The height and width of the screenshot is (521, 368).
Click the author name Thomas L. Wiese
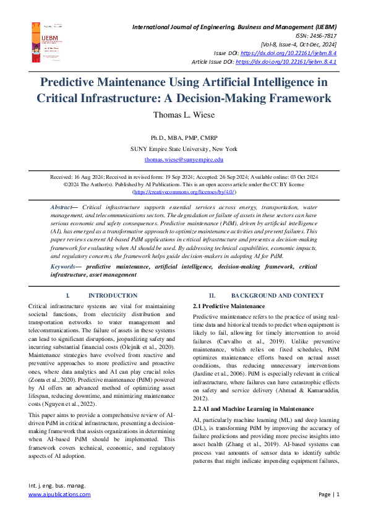184,114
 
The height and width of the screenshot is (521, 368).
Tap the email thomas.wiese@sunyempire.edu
184,159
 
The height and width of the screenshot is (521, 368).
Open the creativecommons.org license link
184,192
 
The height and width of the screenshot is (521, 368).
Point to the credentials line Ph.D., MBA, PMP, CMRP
184,137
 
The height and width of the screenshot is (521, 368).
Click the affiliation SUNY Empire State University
184,149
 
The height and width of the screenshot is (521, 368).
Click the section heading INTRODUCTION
113,296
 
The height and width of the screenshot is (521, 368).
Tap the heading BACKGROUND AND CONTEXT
277,296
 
